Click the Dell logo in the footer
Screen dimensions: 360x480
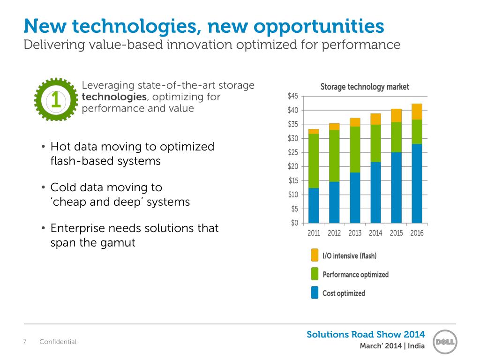pos(444,341)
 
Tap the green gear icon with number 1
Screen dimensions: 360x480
pos(56,99)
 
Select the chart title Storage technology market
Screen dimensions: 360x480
pos(364,87)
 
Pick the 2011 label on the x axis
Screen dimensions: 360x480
pos(314,233)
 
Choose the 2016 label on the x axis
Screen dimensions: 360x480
pos(417,233)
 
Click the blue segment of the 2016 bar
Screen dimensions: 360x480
pos(417,183)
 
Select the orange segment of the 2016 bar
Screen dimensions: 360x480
pos(417,112)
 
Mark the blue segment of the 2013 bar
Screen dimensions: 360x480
pos(355,197)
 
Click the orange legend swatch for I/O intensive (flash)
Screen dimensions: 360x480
pos(315,255)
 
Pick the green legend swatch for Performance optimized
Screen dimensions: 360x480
pos(315,274)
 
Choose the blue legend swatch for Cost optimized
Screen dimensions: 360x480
pos(315,293)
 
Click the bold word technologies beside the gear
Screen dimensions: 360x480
pos(114,97)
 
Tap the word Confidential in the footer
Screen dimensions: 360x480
pos(58,342)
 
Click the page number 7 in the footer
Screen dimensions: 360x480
pos(25,342)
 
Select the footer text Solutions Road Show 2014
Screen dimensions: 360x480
pos(366,334)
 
